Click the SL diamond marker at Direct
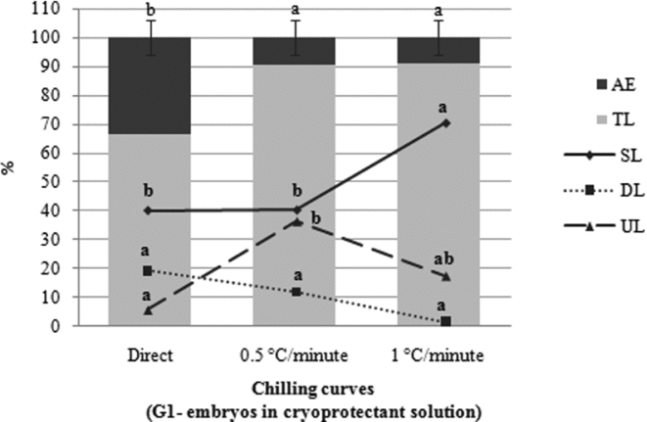[x=148, y=211]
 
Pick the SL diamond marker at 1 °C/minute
[x=446, y=122]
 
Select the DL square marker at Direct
[x=148, y=270]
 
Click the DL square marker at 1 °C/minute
[x=446, y=321]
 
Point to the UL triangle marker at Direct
[x=148, y=310]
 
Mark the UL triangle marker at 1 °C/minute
[x=446, y=277]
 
